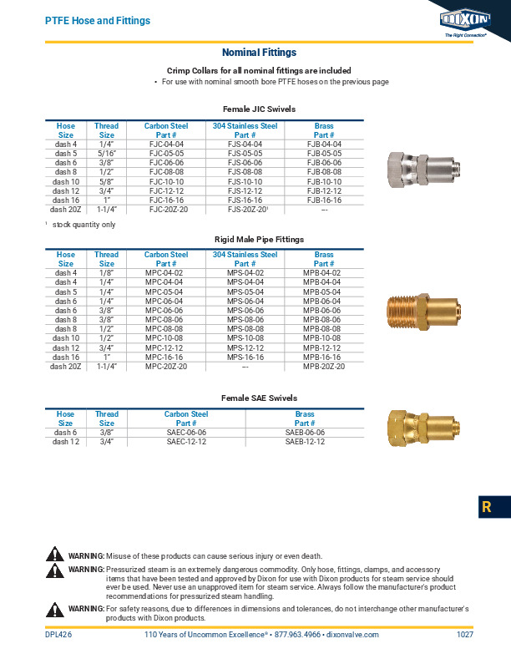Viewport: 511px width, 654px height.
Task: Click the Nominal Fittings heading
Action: [259, 53]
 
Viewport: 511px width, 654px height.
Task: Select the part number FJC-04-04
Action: [165, 144]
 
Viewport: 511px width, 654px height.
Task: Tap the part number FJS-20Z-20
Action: [245, 210]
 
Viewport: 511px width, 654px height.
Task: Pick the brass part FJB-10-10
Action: [324, 181]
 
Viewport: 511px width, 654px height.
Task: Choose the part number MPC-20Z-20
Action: [165, 366]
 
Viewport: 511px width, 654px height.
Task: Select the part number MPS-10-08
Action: [245, 338]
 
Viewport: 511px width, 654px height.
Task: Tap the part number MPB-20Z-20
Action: [324, 366]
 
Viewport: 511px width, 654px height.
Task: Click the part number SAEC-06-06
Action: [186, 432]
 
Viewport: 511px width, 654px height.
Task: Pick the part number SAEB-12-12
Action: [305, 441]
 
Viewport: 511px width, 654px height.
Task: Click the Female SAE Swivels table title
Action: [259, 398]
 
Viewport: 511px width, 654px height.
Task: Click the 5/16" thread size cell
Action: [107, 154]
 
